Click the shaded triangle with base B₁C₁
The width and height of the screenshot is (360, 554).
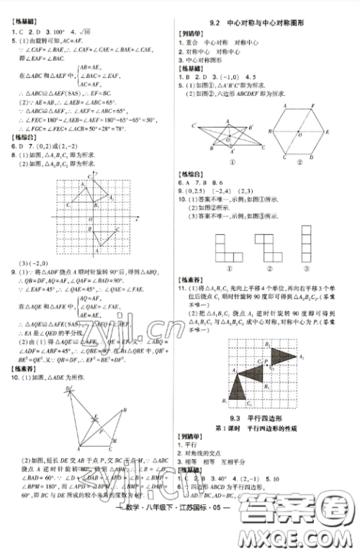(x=237, y=391)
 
